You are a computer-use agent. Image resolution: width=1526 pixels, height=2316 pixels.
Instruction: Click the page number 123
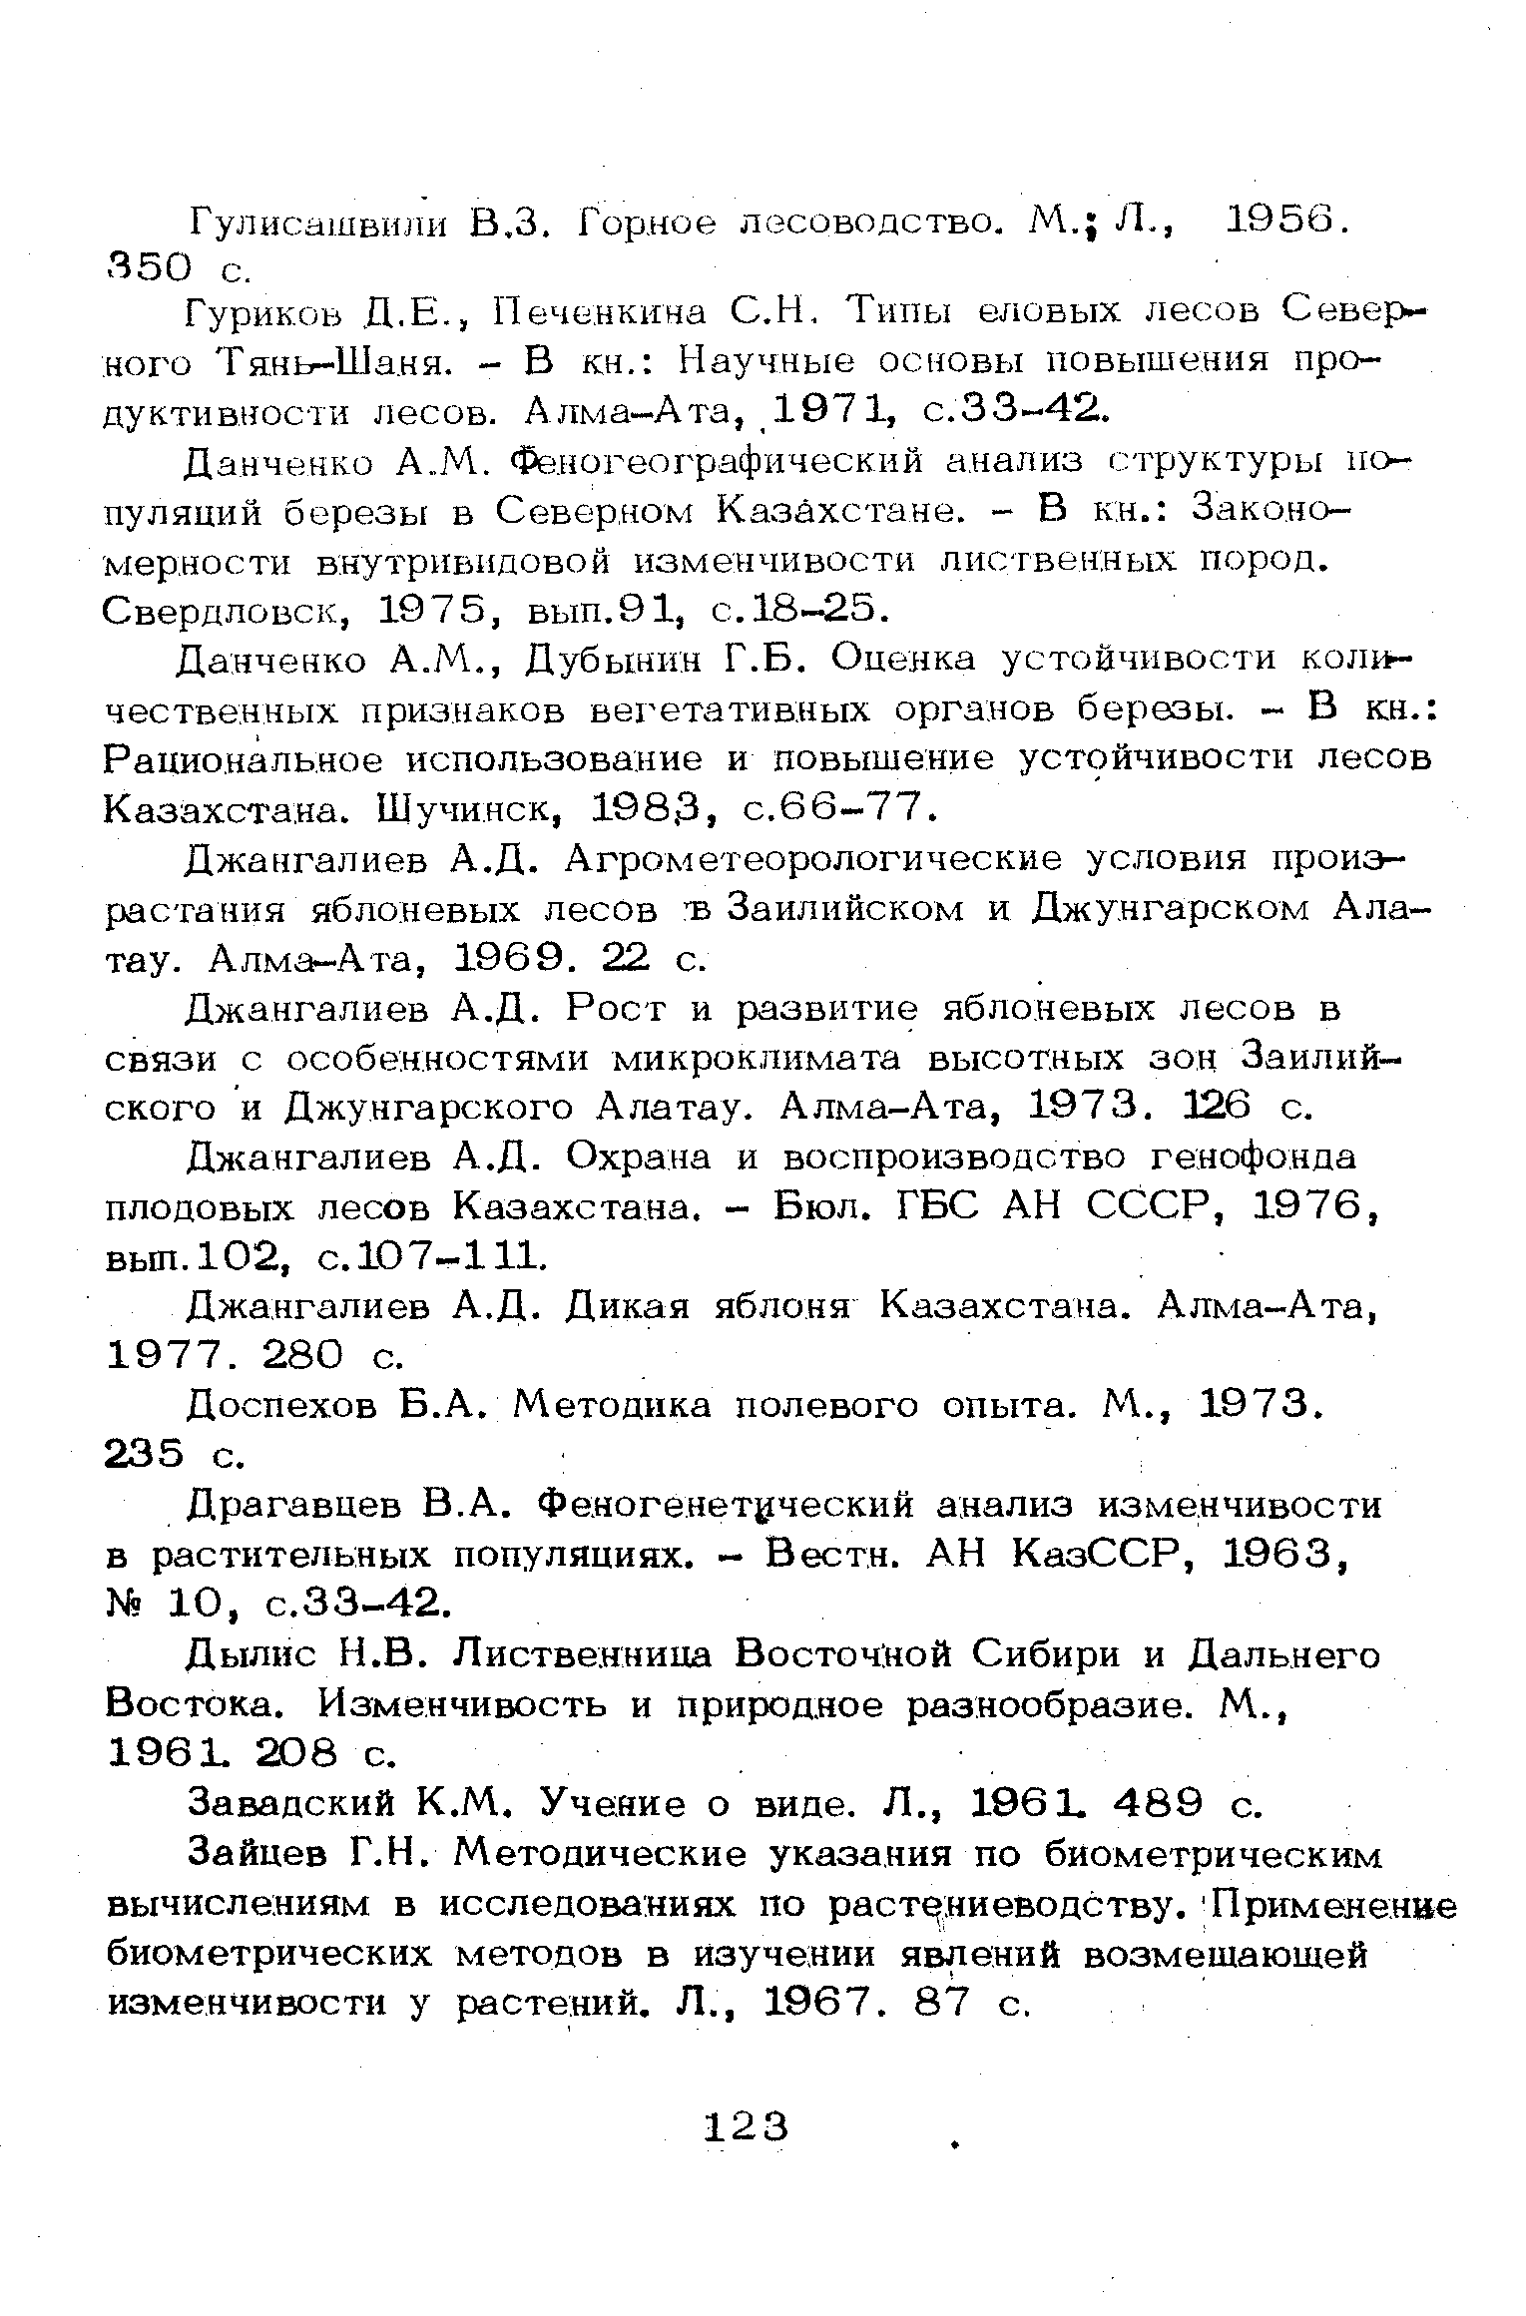click(747, 2126)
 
